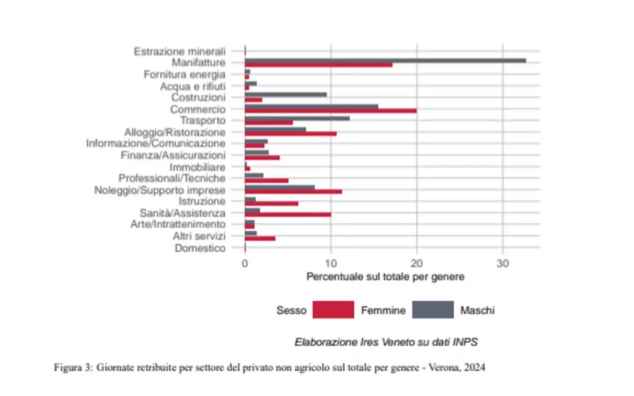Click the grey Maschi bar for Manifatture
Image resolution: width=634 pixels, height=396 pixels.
(385, 60)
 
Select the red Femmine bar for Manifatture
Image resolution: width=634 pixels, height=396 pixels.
(318, 65)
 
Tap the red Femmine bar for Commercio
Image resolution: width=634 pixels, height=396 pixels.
(331, 111)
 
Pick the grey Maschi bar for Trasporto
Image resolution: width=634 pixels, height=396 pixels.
(297, 118)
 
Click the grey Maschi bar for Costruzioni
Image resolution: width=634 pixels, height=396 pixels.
(285, 95)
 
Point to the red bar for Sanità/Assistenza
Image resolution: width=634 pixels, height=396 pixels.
(288, 215)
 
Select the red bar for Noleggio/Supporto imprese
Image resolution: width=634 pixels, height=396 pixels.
(293, 192)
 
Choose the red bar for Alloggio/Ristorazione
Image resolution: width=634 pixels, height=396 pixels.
(290, 134)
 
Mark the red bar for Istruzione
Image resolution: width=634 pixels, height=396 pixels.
(271, 204)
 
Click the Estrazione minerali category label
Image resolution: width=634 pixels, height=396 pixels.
(180, 51)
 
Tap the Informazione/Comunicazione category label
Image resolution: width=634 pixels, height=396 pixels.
(155, 144)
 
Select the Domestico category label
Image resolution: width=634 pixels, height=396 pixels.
(200, 248)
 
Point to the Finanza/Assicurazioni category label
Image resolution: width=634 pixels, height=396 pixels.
(173, 155)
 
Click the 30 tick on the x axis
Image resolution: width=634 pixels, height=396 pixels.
(503, 262)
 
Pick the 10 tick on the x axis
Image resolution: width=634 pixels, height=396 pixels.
(331, 262)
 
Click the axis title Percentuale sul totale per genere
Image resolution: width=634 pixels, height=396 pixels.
(385, 277)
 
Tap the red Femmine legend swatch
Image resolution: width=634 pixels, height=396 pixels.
(332, 309)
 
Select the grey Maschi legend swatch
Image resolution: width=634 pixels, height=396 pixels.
(433, 309)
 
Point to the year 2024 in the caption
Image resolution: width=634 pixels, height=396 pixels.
(475, 367)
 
